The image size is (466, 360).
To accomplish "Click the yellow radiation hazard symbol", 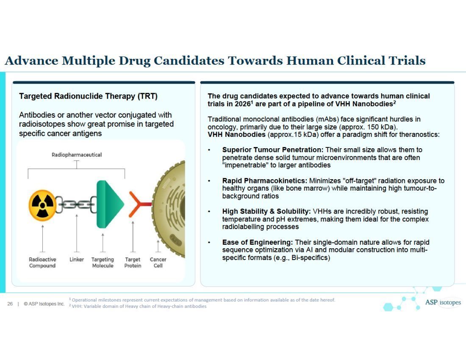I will click(42, 205).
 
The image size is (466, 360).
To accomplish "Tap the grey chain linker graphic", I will click(76, 205).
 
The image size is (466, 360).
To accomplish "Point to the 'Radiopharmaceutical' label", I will click(77, 155).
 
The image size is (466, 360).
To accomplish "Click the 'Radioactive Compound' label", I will click(42, 263).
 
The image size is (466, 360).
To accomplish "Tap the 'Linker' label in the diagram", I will click(77, 259).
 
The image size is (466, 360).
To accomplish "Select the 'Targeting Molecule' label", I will click(103, 263).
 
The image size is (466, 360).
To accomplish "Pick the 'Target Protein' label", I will click(133, 263).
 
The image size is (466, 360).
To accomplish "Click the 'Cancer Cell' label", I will click(158, 263).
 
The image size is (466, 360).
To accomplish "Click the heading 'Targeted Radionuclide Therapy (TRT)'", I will click(88, 96).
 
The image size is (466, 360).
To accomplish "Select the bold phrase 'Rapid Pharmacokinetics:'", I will click(265, 181).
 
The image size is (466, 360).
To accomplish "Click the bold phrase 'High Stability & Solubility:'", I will click(266, 211).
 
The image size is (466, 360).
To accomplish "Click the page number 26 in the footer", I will click(10, 304).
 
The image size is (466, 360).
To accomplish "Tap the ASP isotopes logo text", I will click(442, 303).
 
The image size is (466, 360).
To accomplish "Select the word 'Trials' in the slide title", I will click(406, 61).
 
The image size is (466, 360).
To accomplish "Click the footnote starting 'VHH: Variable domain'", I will click(139, 306).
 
